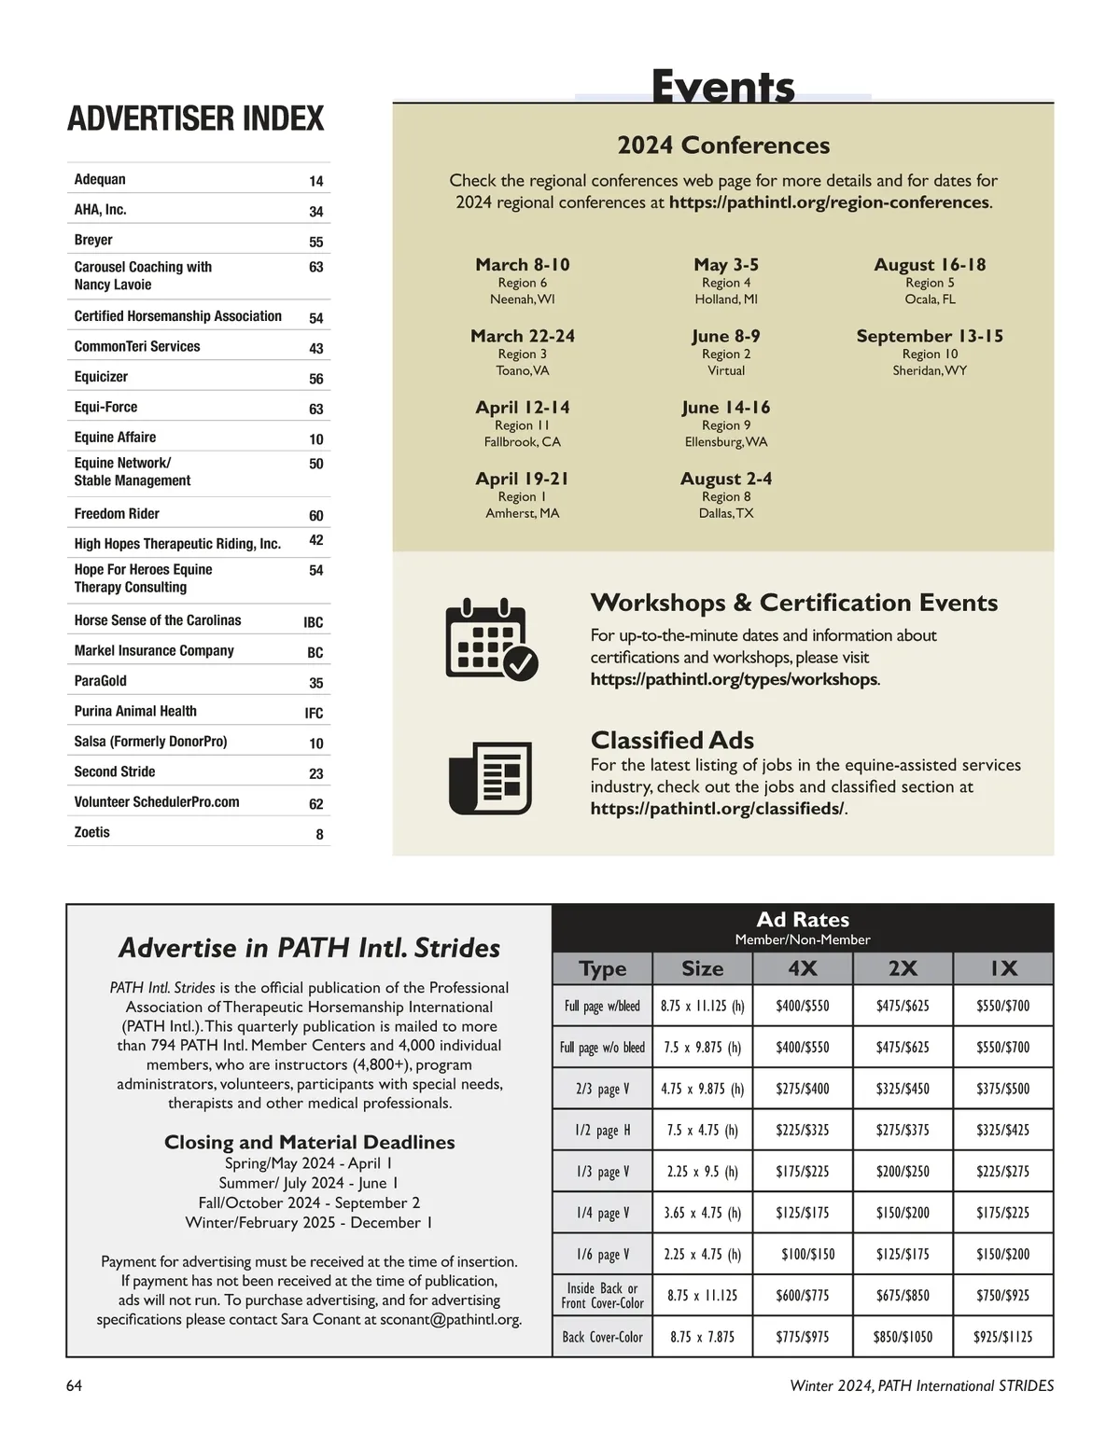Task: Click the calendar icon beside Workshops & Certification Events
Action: pos(491,639)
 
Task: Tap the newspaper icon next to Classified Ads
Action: pos(490,777)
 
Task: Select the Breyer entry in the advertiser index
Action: pos(93,240)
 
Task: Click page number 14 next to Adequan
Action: pos(316,181)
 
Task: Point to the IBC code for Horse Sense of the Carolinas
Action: pos(314,622)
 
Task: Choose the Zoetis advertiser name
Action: pos(92,832)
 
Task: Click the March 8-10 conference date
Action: pos(523,265)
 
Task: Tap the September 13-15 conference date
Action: pos(930,336)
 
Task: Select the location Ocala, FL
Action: pos(930,299)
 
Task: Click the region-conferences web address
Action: pos(829,202)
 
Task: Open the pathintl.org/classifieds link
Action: pos(717,809)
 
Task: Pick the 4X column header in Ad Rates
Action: pos(803,968)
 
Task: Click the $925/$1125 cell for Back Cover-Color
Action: pos(1002,1337)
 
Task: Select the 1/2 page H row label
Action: pos(602,1130)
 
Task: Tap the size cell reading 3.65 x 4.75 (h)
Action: pos(702,1213)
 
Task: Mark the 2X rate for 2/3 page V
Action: pos(903,1089)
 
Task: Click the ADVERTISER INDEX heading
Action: pos(196,119)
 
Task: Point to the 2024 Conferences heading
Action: pos(723,146)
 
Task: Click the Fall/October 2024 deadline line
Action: pos(309,1203)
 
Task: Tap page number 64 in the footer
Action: pos(75,1385)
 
